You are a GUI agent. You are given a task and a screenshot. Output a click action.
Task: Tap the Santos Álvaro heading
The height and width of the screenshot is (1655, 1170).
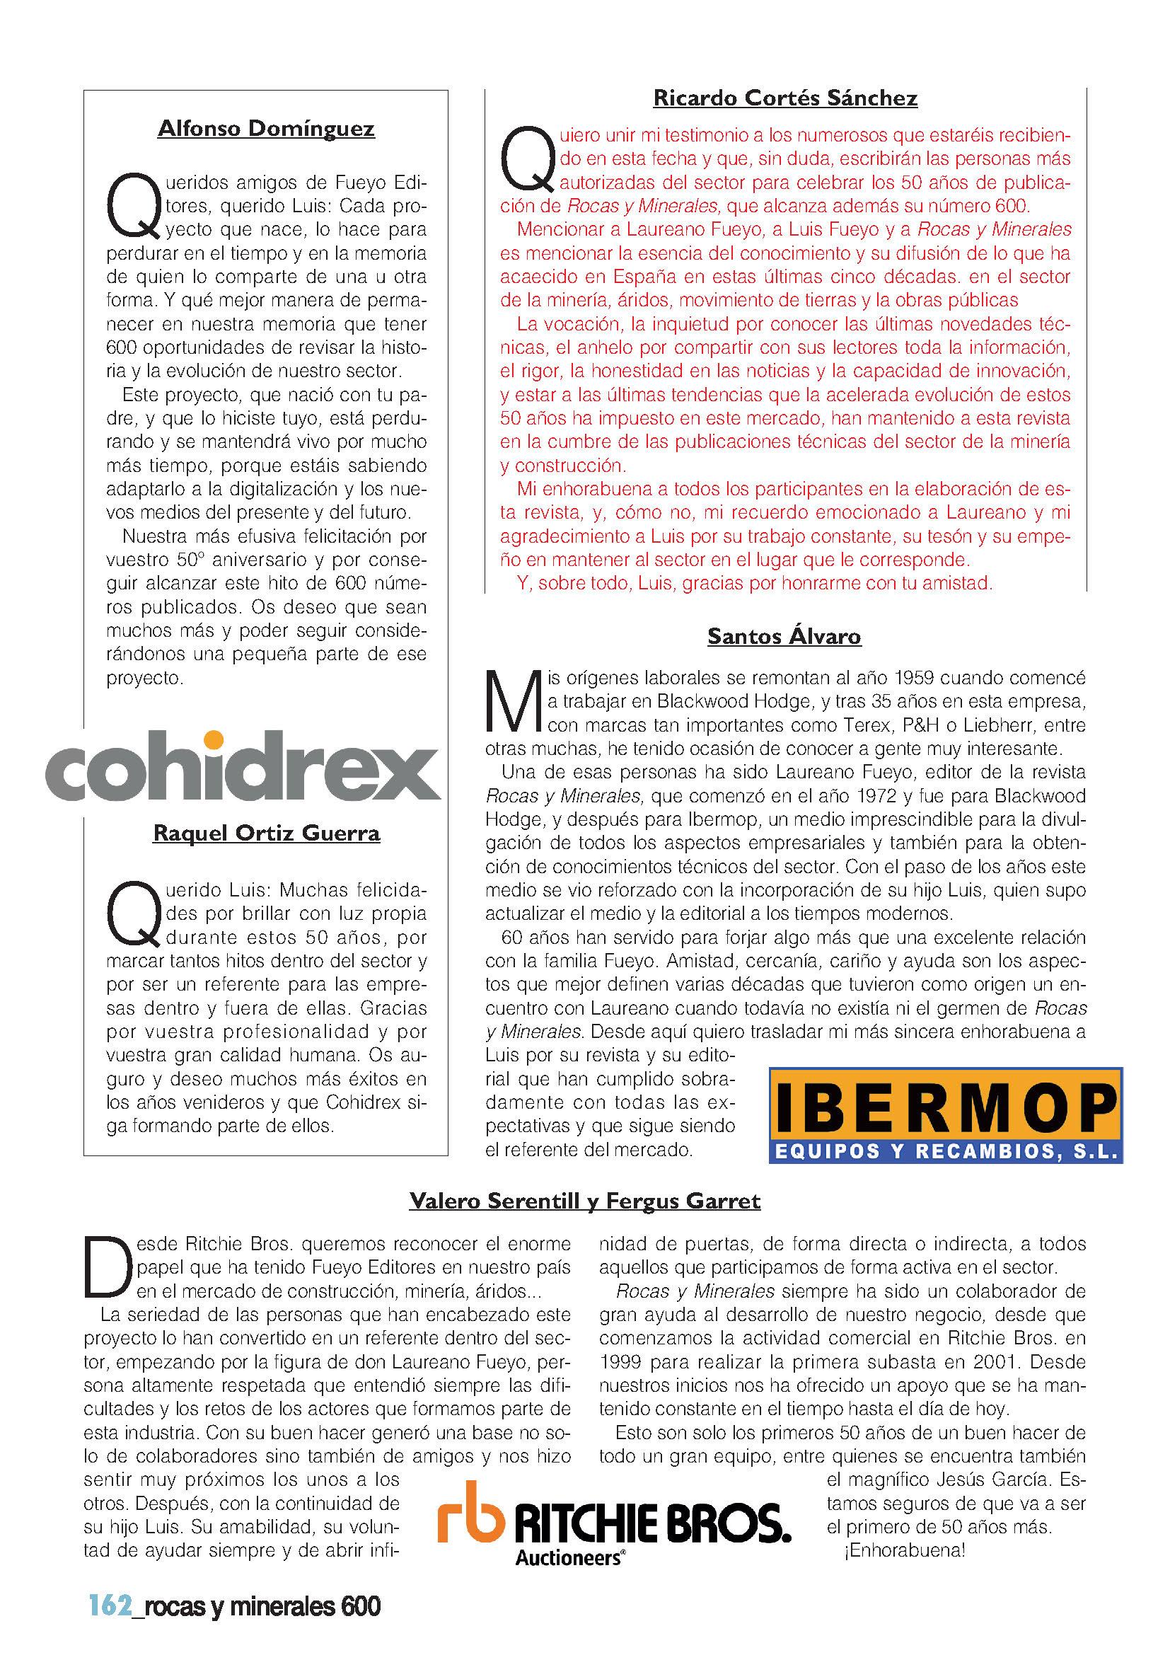[784, 636]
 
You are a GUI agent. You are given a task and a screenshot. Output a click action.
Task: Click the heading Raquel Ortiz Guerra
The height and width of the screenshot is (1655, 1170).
[266, 834]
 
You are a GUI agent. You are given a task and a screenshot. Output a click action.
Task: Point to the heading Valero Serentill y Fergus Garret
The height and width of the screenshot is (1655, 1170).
[584, 1201]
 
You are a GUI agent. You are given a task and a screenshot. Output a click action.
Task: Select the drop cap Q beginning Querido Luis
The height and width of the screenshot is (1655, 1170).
[134, 915]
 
